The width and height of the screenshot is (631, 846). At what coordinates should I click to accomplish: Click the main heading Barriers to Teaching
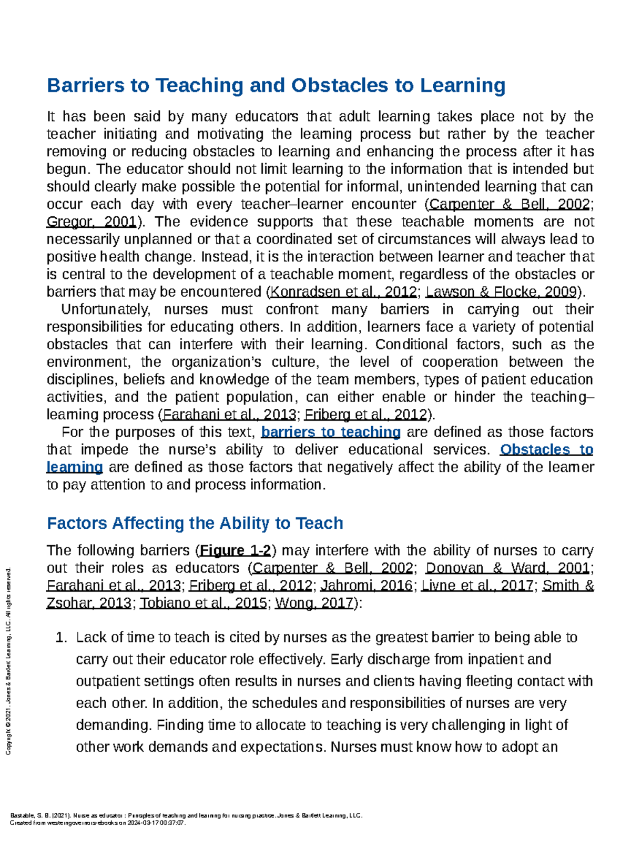click(276, 85)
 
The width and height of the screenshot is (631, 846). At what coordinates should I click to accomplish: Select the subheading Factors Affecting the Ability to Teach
click(195, 523)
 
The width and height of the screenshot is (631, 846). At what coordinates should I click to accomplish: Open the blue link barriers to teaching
click(331, 432)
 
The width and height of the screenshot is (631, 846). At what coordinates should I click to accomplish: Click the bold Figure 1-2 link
click(236, 550)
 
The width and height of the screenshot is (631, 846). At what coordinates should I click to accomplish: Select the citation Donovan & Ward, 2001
click(507, 568)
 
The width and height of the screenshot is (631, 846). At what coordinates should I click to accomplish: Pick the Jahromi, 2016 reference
click(366, 586)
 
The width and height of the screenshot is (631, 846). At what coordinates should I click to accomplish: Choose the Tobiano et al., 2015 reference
click(203, 603)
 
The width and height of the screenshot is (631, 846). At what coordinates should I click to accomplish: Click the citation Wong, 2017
click(313, 603)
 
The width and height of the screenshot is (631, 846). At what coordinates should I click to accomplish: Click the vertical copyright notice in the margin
click(8, 661)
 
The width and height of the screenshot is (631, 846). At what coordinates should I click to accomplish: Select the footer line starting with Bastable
click(186, 815)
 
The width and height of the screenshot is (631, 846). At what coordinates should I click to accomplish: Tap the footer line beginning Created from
click(98, 823)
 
